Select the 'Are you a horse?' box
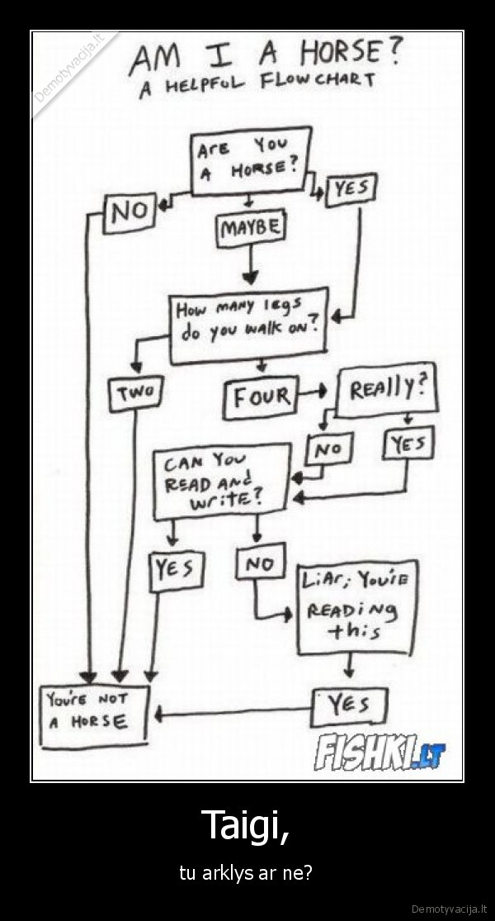click(250, 160)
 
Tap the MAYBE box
click(250, 227)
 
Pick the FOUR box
click(260, 397)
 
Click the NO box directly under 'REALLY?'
click(329, 449)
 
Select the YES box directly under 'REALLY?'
click(408, 444)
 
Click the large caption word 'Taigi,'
click(247, 824)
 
